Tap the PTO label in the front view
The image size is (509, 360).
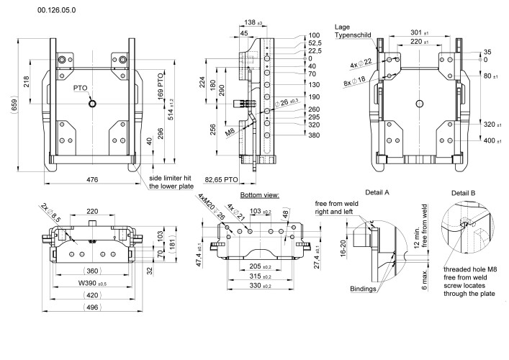pyautogui.click(x=81, y=88)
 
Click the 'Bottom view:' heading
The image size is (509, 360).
pyautogui.click(x=260, y=195)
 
